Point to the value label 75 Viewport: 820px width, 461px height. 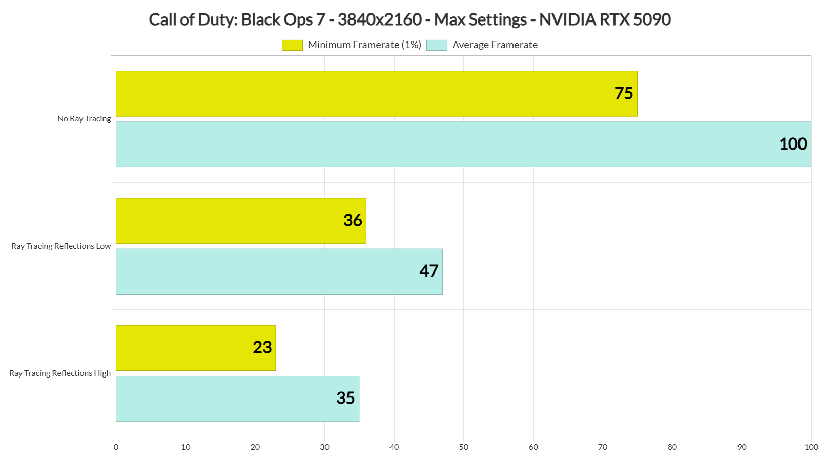tap(624, 93)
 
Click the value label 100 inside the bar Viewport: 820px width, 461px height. tap(793, 144)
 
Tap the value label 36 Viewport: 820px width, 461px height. tap(353, 220)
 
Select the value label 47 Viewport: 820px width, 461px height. tap(429, 271)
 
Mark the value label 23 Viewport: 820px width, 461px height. tap(262, 347)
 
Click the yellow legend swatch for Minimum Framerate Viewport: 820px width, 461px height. tap(292, 45)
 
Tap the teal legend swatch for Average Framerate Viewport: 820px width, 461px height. tap(437, 45)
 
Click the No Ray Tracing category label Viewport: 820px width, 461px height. tap(84, 119)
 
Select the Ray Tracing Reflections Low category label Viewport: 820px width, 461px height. tap(61, 246)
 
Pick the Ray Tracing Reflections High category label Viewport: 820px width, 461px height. tap(60, 373)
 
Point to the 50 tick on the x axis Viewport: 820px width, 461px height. tap(464, 447)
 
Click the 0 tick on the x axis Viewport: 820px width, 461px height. tap(116, 447)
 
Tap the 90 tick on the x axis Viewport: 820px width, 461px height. tap(742, 447)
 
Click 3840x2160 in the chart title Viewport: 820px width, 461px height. tap(379, 19)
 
